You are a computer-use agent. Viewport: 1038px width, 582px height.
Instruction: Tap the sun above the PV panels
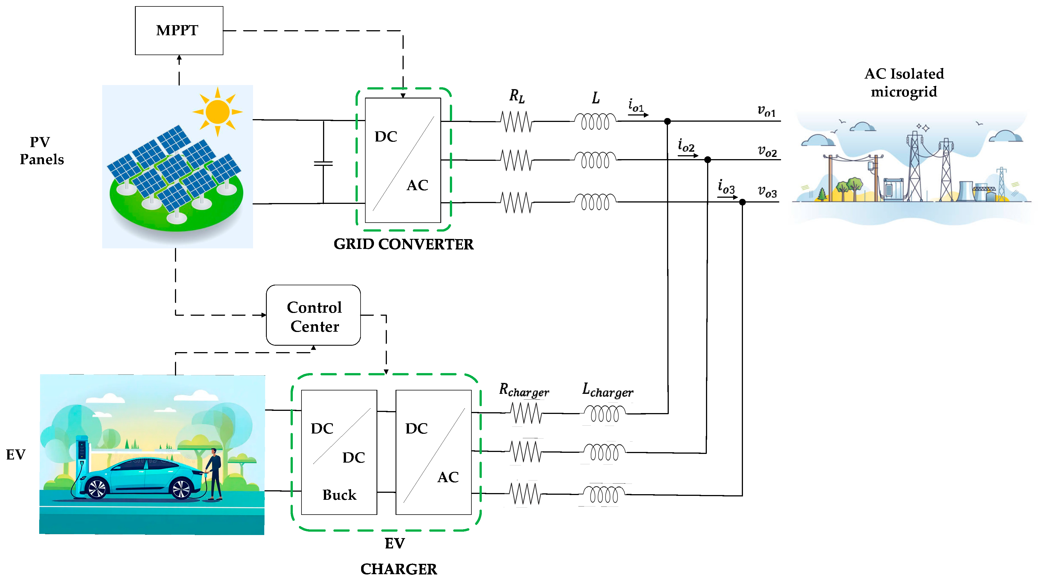218,112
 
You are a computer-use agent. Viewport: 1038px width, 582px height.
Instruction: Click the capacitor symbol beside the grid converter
323,163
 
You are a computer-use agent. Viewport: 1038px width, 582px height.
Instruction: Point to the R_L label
517,96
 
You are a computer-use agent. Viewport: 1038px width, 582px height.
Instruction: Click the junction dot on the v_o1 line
667,121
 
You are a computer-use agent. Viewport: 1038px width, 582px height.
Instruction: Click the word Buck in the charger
339,495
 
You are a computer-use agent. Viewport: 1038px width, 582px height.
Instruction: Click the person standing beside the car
214,474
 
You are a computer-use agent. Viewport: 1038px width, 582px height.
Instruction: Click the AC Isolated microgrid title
904,83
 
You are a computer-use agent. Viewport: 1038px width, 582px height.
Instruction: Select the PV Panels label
41,150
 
